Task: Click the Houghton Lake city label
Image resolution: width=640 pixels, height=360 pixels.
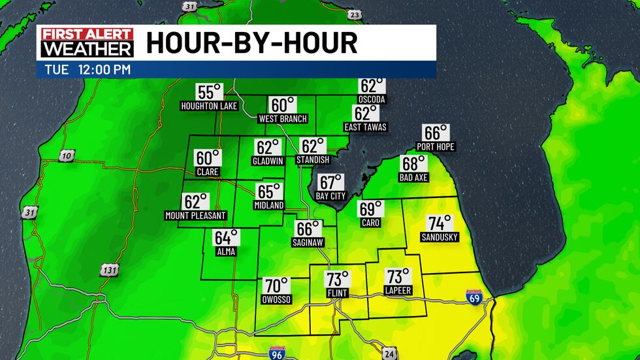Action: pos(209,105)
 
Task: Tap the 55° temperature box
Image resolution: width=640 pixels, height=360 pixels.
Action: pos(209,92)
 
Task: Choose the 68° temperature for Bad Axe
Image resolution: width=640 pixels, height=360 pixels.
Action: pos(413,164)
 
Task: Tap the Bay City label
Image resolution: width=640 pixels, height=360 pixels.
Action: pos(330,196)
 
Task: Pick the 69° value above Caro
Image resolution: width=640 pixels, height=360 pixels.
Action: pos(370,209)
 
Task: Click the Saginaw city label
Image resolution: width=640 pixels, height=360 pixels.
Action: pos(308,242)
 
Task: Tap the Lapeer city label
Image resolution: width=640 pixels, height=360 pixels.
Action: pos(398,290)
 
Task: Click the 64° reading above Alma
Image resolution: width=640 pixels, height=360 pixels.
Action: pos(227,237)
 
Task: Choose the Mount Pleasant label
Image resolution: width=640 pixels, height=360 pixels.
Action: pos(195,216)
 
